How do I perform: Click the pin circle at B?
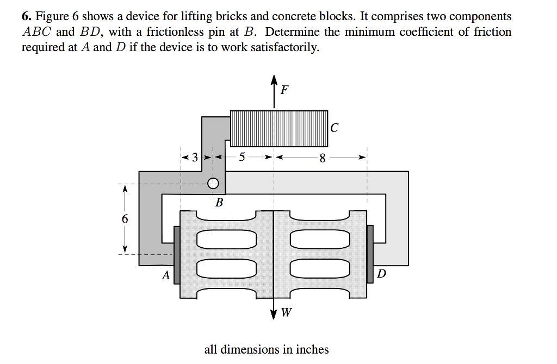[x=213, y=183]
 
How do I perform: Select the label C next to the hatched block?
[x=334, y=128]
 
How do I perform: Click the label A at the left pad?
[x=165, y=275]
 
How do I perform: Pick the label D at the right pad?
[x=381, y=274]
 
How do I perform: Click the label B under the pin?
[x=219, y=203]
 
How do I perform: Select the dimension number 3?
[x=195, y=159]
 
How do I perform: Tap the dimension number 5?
[x=242, y=158]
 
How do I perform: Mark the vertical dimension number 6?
[x=125, y=219]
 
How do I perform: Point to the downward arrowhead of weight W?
[x=273, y=316]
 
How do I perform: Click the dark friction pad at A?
[x=176, y=248]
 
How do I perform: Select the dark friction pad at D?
[x=370, y=248]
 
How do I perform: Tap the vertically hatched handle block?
[x=279, y=128]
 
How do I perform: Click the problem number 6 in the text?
[x=25, y=17]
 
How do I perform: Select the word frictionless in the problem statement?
[x=174, y=32]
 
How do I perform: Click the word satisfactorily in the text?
[x=282, y=47]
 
